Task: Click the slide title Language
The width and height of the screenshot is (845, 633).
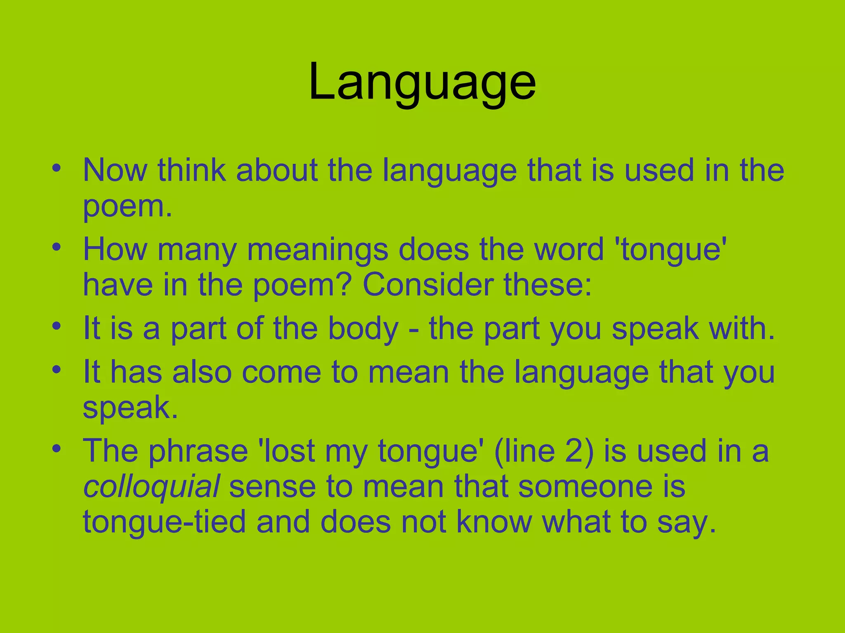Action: click(422, 82)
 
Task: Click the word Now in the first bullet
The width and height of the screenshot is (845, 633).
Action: click(115, 170)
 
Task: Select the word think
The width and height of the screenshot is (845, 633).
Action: click(191, 170)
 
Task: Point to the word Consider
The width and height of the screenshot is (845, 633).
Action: click(428, 285)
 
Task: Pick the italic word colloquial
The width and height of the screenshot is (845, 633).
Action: click(151, 486)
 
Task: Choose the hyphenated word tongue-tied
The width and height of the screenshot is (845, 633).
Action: click(164, 522)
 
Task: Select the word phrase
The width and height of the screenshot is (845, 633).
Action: click(198, 451)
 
